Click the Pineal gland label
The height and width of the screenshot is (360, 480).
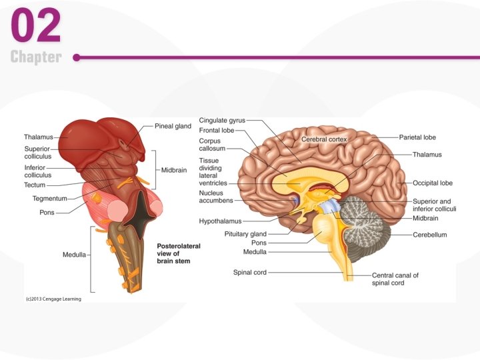tap(173, 126)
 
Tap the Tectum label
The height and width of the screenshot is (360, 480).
tap(35, 185)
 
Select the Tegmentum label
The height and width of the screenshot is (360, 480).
tap(49, 199)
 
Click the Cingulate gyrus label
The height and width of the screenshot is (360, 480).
tap(222, 121)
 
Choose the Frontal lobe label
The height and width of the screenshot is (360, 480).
tap(217, 131)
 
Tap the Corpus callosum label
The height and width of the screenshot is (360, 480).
tap(214, 145)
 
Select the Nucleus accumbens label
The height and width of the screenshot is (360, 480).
tap(215, 197)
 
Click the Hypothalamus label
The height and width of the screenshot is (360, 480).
tap(220, 221)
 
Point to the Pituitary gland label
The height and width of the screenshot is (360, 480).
tap(245, 234)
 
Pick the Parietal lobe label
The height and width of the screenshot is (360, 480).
tap(417, 137)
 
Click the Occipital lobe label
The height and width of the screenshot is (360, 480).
tap(432, 183)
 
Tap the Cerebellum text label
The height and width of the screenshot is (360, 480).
tap(429, 235)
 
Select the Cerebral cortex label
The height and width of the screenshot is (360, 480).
tap(324, 139)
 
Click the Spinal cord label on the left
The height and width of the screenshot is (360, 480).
tap(249, 272)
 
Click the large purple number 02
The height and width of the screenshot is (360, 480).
tap(36, 27)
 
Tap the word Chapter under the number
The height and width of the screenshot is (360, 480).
tap(36, 57)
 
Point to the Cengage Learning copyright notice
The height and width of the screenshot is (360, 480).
tap(49, 299)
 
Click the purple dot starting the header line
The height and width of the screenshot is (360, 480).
tap(77, 57)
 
